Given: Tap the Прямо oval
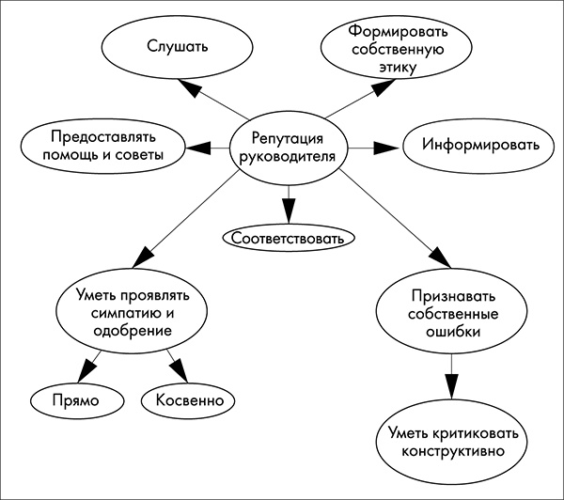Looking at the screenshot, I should [78, 401].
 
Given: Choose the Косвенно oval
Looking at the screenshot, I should [188, 401].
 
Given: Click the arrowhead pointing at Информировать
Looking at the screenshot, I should [386, 148].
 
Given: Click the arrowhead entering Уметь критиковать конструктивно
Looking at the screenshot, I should [452, 384].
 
